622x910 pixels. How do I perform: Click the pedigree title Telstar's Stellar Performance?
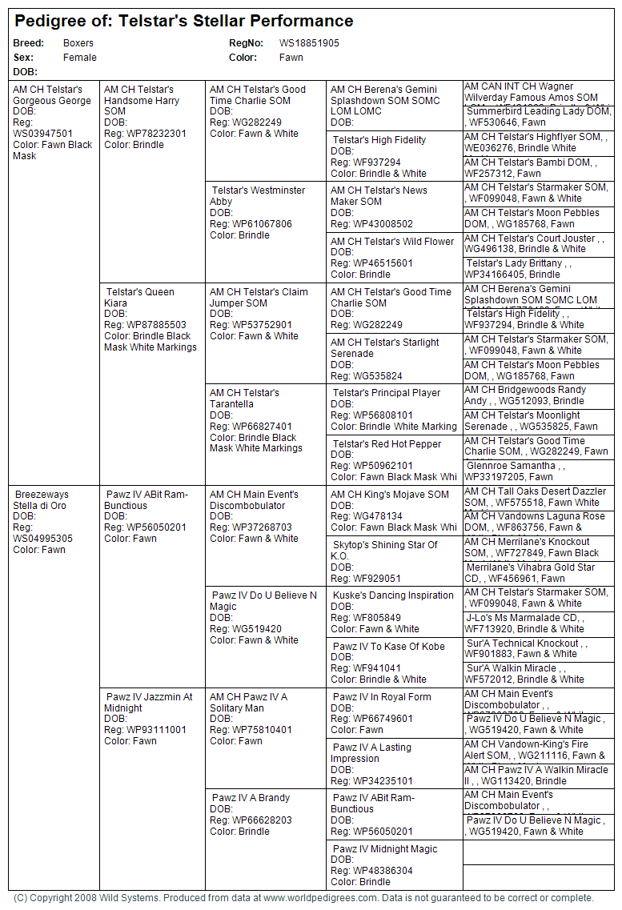tap(235, 21)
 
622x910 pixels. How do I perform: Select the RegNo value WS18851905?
tap(309, 43)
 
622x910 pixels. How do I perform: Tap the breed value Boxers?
tap(78, 43)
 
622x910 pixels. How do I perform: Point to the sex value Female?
tap(80, 58)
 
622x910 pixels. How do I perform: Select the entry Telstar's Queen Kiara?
tap(138, 298)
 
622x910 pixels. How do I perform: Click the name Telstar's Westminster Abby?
tap(257, 196)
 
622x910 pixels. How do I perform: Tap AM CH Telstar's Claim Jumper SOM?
tap(259, 298)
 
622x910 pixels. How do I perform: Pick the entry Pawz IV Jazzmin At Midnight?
tap(148, 703)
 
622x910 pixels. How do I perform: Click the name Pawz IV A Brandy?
tap(251, 798)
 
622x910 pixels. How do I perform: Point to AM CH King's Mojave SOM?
tap(390, 495)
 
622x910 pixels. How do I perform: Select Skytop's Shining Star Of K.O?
tap(385, 551)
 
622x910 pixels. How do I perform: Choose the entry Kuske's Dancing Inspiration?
tap(393, 595)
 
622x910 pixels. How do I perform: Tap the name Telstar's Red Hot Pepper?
tap(387, 444)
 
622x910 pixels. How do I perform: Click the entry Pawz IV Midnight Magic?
tap(385, 849)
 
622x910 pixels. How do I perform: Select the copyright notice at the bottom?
tap(303, 898)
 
